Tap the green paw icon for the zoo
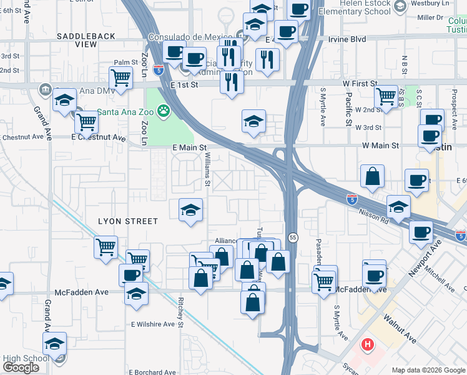(x=164, y=111)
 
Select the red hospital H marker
(x=368, y=344)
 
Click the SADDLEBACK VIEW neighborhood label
(x=86, y=41)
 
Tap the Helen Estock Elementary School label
(x=355, y=7)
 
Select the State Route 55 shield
(x=292, y=236)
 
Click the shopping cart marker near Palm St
(x=120, y=78)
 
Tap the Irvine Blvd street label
(x=347, y=39)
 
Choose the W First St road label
(x=351, y=83)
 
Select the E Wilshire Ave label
(x=152, y=324)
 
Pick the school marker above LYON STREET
(x=190, y=211)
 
